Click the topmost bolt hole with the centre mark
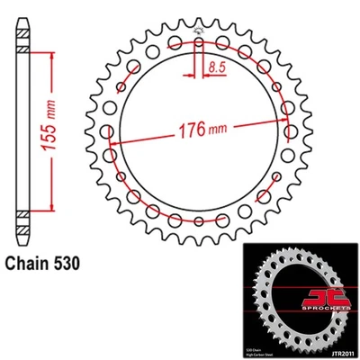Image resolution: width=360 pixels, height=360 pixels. (198, 40)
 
